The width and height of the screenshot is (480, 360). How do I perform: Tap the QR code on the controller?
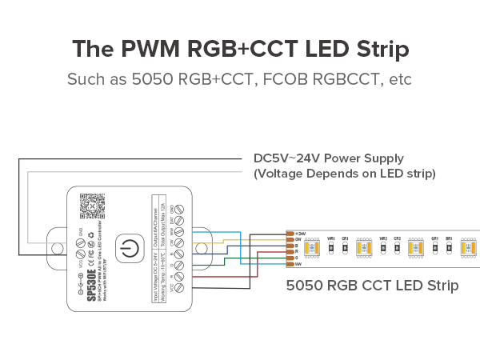(93, 206)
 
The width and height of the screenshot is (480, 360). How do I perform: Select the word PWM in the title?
(147, 48)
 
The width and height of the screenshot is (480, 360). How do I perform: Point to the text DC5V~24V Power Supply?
(328, 158)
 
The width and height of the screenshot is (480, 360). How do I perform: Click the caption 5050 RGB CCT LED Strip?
(372, 285)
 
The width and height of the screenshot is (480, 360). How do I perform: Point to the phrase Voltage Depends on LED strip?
(344, 173)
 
